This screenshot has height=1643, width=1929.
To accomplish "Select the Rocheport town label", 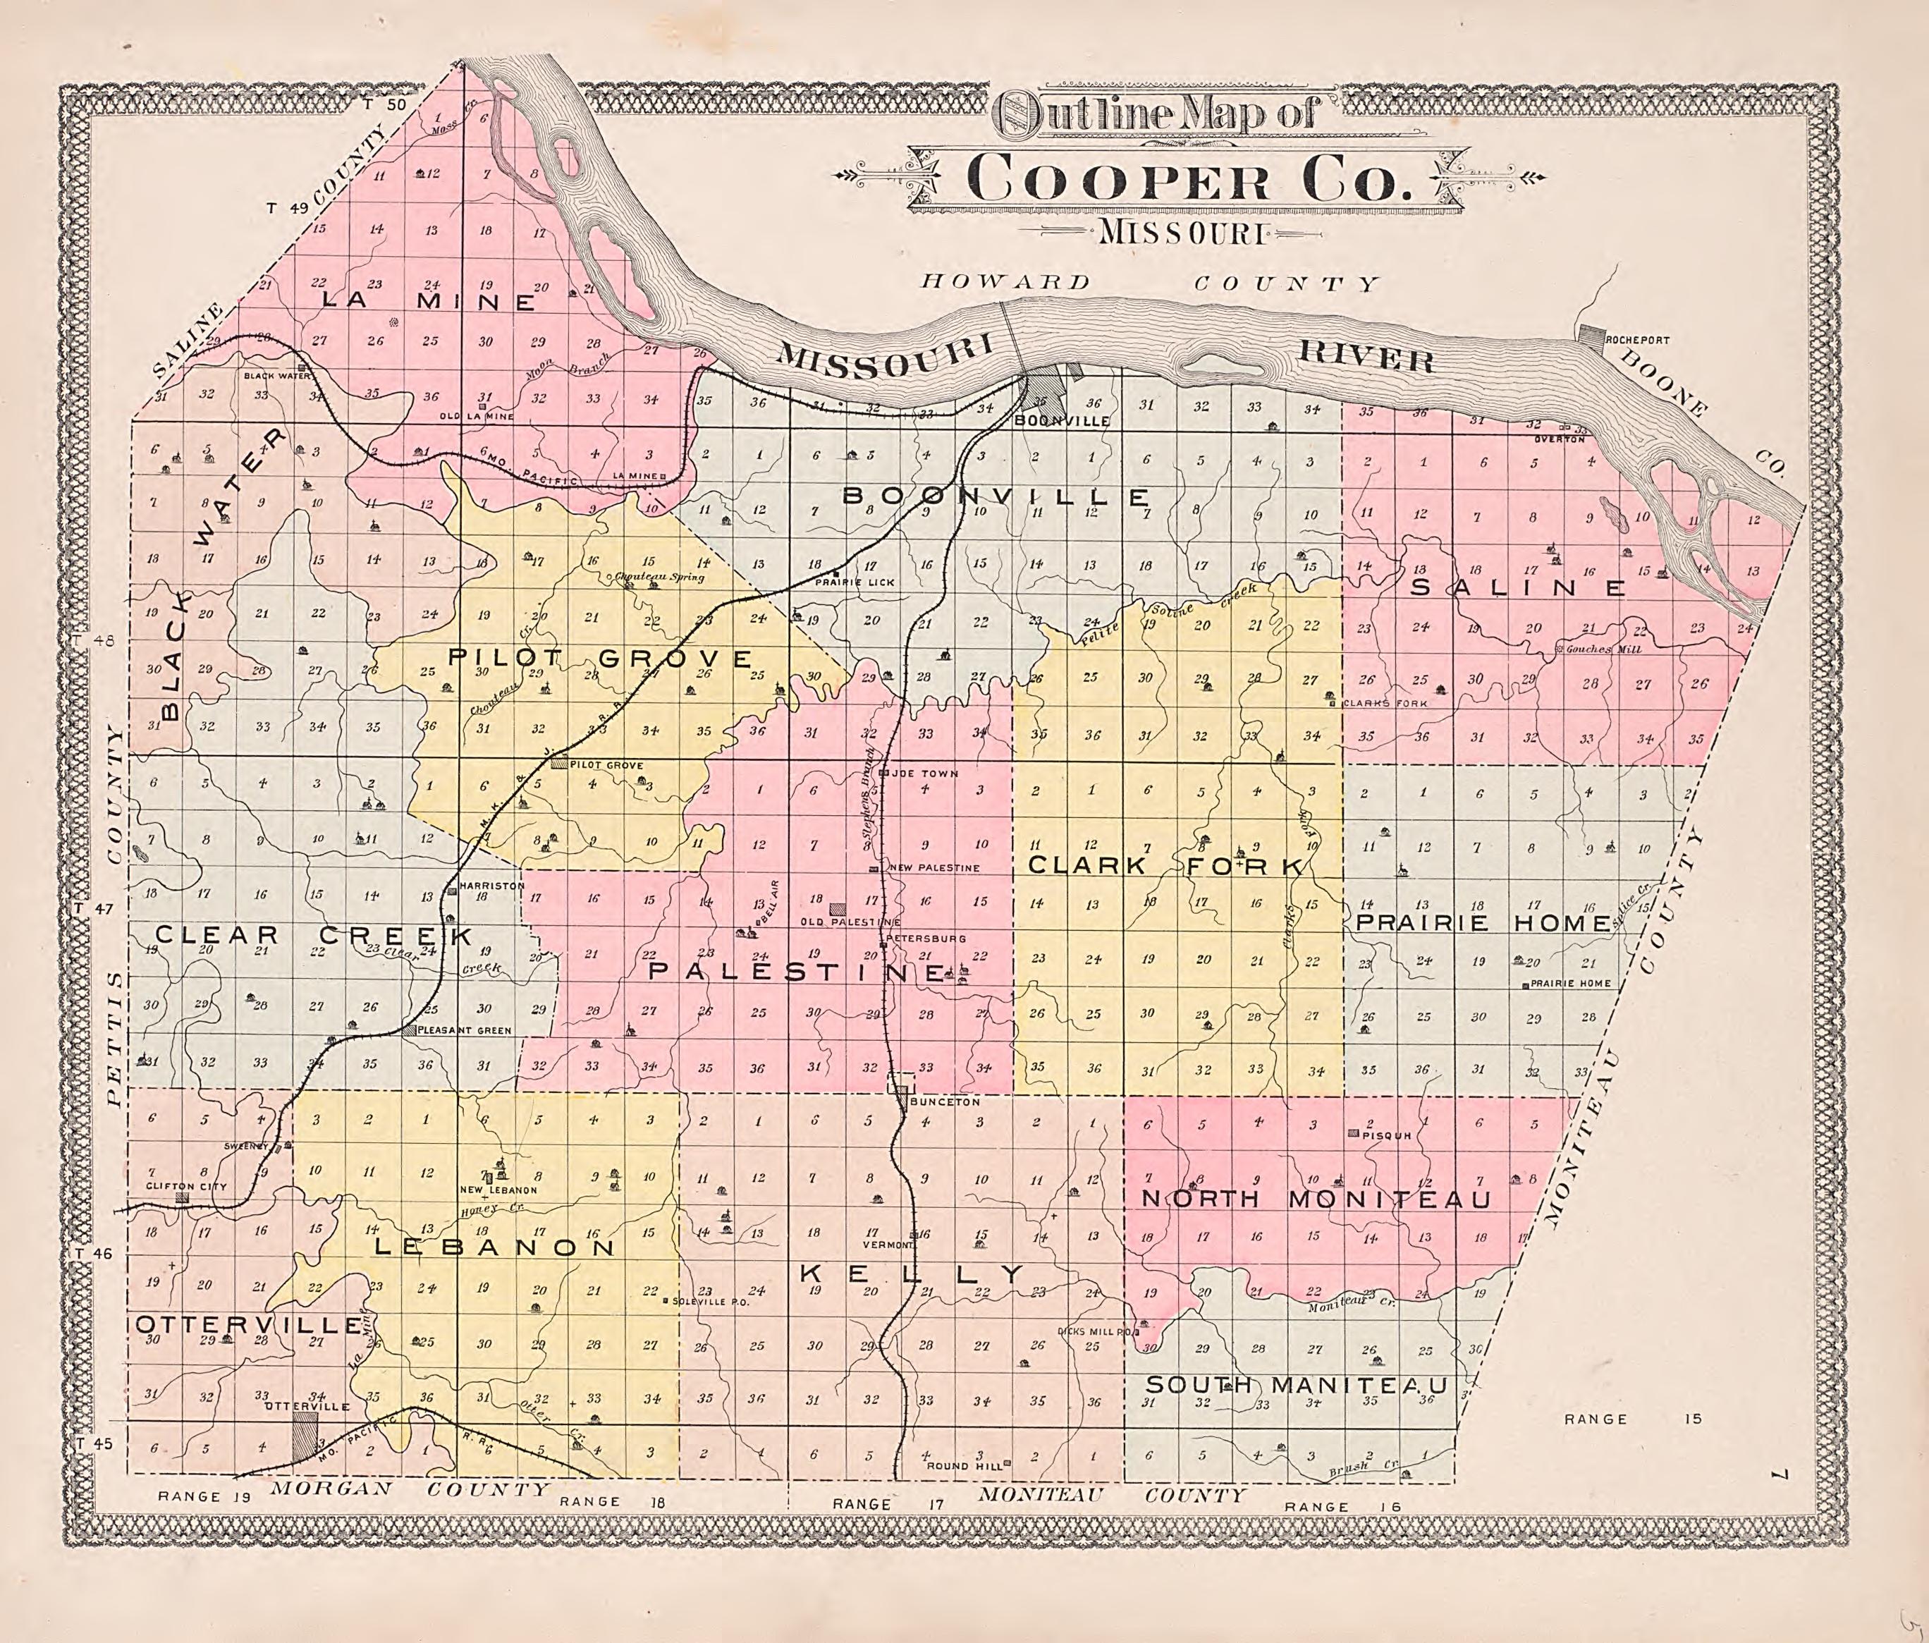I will [x=1636, y=341].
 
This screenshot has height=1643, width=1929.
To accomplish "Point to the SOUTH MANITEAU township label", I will [x=1297, y=1385].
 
